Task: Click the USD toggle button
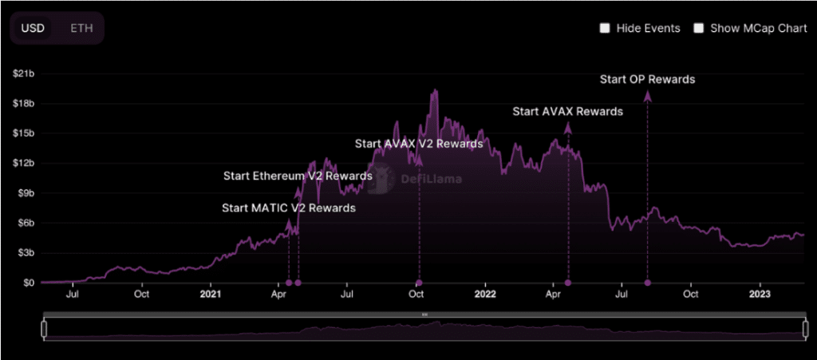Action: [33, 28]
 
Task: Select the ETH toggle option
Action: [81, 28]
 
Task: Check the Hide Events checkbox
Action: [605, 28]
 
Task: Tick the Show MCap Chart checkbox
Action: [699, 28]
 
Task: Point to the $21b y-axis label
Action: [23, 73]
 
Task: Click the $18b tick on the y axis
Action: [23, 104]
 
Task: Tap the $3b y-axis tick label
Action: [23, 252]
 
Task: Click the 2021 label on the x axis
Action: [211, 295]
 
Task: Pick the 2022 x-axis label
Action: [485, 295]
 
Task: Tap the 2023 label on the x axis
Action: [760, 295]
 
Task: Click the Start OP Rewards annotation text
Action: [647, 79]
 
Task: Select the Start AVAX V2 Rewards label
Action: [419, 144]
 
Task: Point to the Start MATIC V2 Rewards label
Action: [289, 208]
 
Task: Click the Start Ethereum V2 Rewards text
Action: [298, 176]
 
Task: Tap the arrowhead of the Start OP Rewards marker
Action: [647, 97]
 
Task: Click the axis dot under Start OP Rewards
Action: [647, 283]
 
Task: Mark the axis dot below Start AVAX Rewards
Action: [568, 283]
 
